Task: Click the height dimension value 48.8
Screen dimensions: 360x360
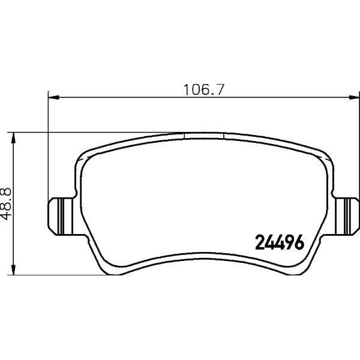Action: click(8, 203)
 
